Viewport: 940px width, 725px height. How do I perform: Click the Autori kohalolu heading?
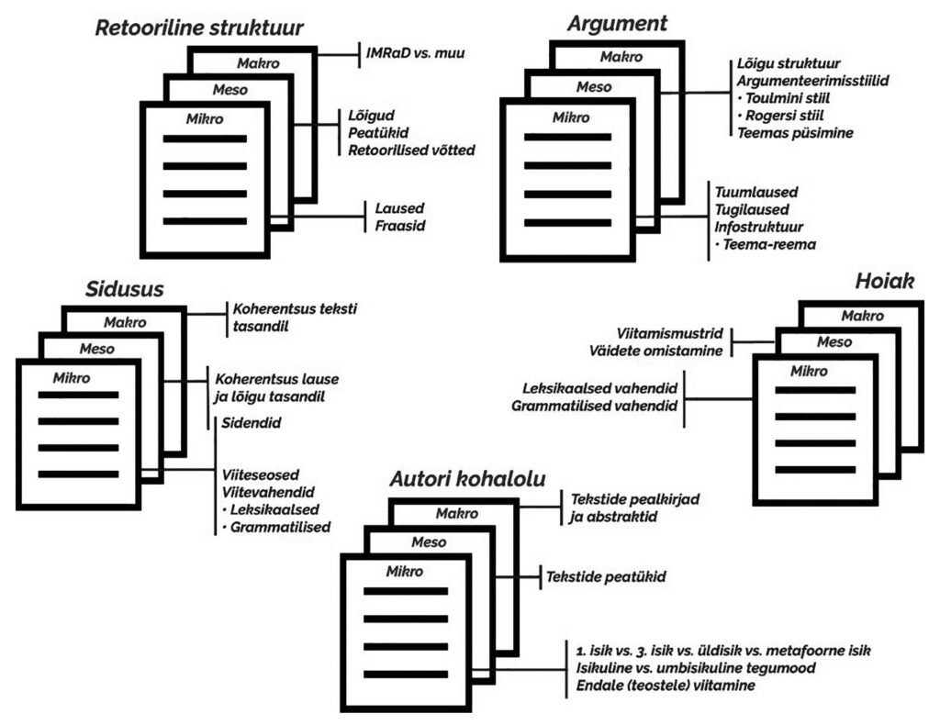pos(468,479)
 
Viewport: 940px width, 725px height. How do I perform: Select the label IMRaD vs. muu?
pos(415,53)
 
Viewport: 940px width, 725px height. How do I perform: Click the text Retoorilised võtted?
pos(411,149)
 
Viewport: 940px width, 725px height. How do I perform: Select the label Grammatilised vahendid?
pos(594,405)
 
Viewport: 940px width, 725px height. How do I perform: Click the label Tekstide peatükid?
pos(605,577)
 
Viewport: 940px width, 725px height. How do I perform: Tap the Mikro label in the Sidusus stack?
pos(72,377)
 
